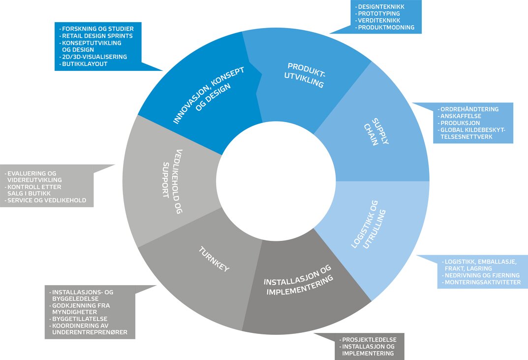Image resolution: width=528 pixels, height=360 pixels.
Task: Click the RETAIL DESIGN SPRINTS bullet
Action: [96, 36]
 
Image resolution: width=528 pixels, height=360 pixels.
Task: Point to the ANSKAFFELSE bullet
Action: [461, 116]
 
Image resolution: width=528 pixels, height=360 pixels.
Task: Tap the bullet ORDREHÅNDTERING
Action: [469, 109]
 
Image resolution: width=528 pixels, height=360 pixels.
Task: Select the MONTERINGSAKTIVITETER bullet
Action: [482, 282]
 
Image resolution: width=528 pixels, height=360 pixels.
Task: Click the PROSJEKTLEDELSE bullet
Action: [372, 340]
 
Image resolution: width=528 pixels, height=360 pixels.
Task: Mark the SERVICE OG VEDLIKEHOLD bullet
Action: [46, 200]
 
